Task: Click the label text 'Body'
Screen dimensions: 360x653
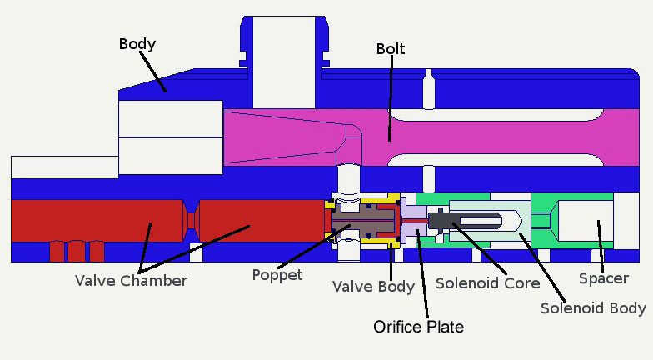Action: click(x=137, y=43)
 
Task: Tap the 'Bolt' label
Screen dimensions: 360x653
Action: click(x=390, y=49)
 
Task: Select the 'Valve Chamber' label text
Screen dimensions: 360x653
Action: click(x=131, y=280)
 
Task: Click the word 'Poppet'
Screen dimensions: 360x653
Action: click(x=277, y=274)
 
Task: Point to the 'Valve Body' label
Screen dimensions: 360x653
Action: click(x=373, y=287)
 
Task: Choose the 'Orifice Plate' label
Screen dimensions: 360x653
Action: click(x=418, y=327)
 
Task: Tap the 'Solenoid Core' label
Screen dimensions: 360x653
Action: click(x=488, y=282)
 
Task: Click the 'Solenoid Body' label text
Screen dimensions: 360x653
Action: click(x=593, y=307)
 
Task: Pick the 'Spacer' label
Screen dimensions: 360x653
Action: click(x=604, y=277)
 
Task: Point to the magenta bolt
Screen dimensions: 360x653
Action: click(x=500, y=133)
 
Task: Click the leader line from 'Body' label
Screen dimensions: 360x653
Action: click(x=154, y=71)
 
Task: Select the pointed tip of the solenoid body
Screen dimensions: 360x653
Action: click(x=518, y=221)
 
